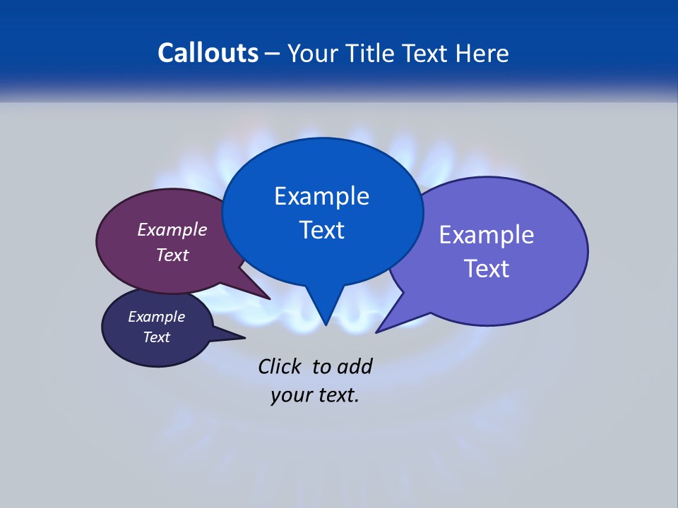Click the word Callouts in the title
208,53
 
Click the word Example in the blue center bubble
321,196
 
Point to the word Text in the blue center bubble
321,230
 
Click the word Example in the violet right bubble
487,235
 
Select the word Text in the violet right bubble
487,269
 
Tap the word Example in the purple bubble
172,230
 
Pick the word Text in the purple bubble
172,255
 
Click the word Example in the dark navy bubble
156,317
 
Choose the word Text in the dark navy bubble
156,337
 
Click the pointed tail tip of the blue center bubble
326,325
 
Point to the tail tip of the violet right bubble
377,332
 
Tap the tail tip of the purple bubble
269,298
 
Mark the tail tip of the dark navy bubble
244,337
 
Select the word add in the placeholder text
354,367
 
